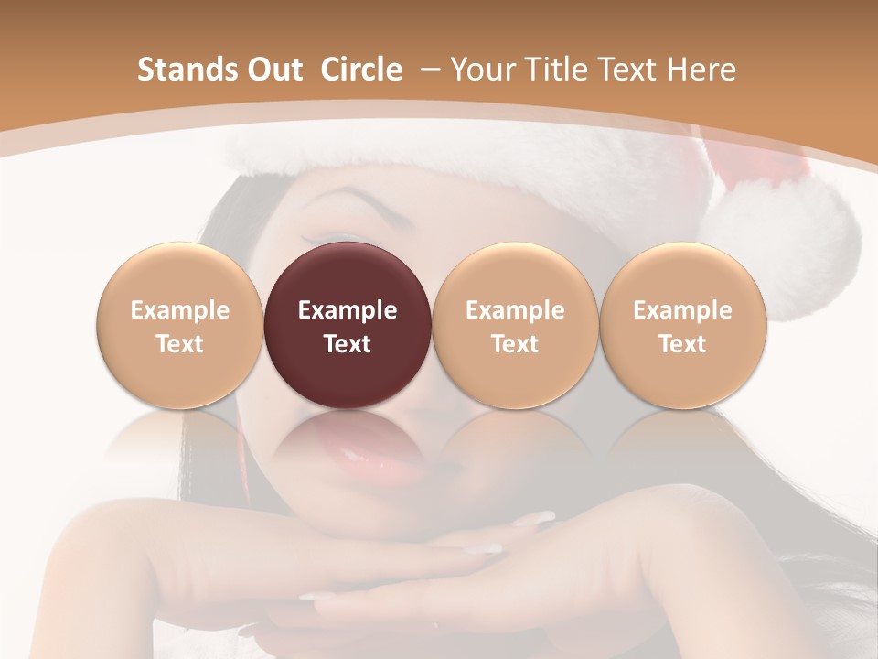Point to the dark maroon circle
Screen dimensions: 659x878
tap(347, 326)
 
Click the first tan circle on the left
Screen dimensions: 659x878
tap(179, 326)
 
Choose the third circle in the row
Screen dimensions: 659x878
tap(515, 326)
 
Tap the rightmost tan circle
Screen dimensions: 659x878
tap(682, 326)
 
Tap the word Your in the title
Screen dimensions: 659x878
tap(481, 70)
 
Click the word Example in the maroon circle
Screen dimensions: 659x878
tap(348, 310)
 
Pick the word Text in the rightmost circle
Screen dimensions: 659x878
tap(682, 344)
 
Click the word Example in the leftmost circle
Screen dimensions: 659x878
tap(179, 310)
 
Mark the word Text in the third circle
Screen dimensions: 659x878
tap(515, 344)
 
